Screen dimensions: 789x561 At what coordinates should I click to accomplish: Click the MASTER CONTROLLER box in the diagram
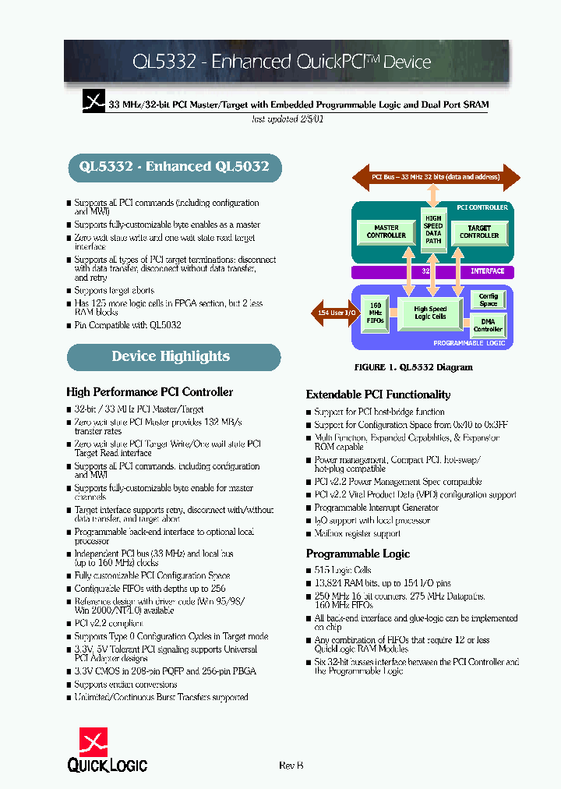pyautogui.click(x=386, y=232)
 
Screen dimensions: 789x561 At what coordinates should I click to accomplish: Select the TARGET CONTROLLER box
pyautogui.click(x=479, y=232)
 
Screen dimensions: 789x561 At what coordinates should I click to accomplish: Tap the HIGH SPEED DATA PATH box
pyautogui.click(x=433, y=229)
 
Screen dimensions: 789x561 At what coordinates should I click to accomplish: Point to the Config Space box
pyautogui.click(x=489, y=299)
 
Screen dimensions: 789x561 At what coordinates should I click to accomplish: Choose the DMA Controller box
pyautogui.click(x=489, y=324)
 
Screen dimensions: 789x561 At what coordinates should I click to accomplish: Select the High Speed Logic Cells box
pyautogui.click(x=430, y=313)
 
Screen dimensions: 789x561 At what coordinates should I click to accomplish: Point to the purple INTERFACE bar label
pyautogui.click(x=488, y=271)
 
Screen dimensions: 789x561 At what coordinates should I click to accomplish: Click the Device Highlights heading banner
pyautogui.click(x=173, y=356)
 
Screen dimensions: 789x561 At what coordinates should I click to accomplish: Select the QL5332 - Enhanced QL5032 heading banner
pyautogui.click(x=173, y=166)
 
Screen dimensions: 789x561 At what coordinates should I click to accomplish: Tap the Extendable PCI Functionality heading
pyautogui.click(x=378, y=394)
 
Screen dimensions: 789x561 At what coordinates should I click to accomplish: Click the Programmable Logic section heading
pyautogui.click(x=358, y=554)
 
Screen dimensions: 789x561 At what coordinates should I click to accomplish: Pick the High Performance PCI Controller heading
pyautogui.click(x=150, y=392)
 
